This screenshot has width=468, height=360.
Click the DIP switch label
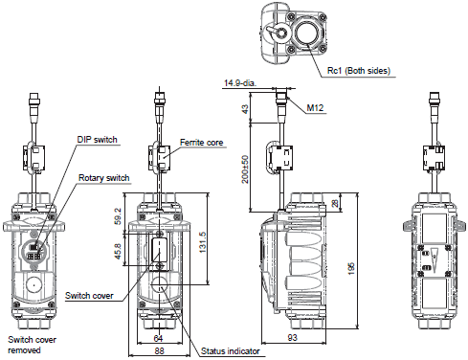click(97, 140)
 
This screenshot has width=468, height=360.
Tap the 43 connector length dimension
click(246, 110)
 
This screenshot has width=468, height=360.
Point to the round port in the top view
click(308, 33)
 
